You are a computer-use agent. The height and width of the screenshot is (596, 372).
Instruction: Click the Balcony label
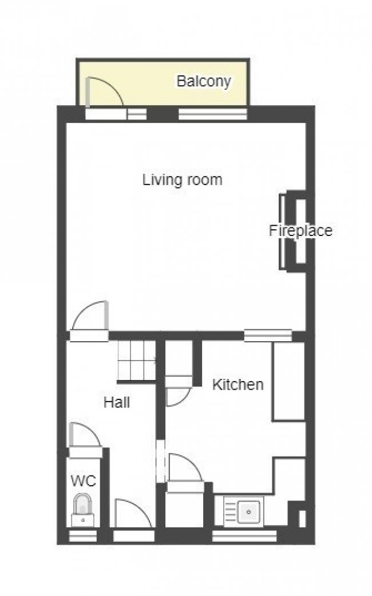click(x=203, y=81)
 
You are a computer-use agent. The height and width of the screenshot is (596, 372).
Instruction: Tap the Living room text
click(x=182, y=180)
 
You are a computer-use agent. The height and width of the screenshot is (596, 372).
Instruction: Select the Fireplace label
click(x=300, y=231)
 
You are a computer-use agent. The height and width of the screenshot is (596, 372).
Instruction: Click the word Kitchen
click(x=238, y=385)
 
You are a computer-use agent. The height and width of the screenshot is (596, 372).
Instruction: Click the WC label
click(x=83, y=481)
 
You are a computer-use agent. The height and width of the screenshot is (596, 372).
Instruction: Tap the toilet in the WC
click(x=83, y=509)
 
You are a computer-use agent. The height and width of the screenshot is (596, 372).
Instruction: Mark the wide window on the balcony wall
click(x=212, y=114)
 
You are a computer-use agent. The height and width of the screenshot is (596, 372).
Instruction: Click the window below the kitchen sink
click(x=244, y=536)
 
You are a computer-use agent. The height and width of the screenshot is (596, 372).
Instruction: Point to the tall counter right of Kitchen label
click(x=288, y=381)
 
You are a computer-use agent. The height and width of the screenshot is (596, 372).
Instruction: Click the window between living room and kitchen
click(x=268, y=335)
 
